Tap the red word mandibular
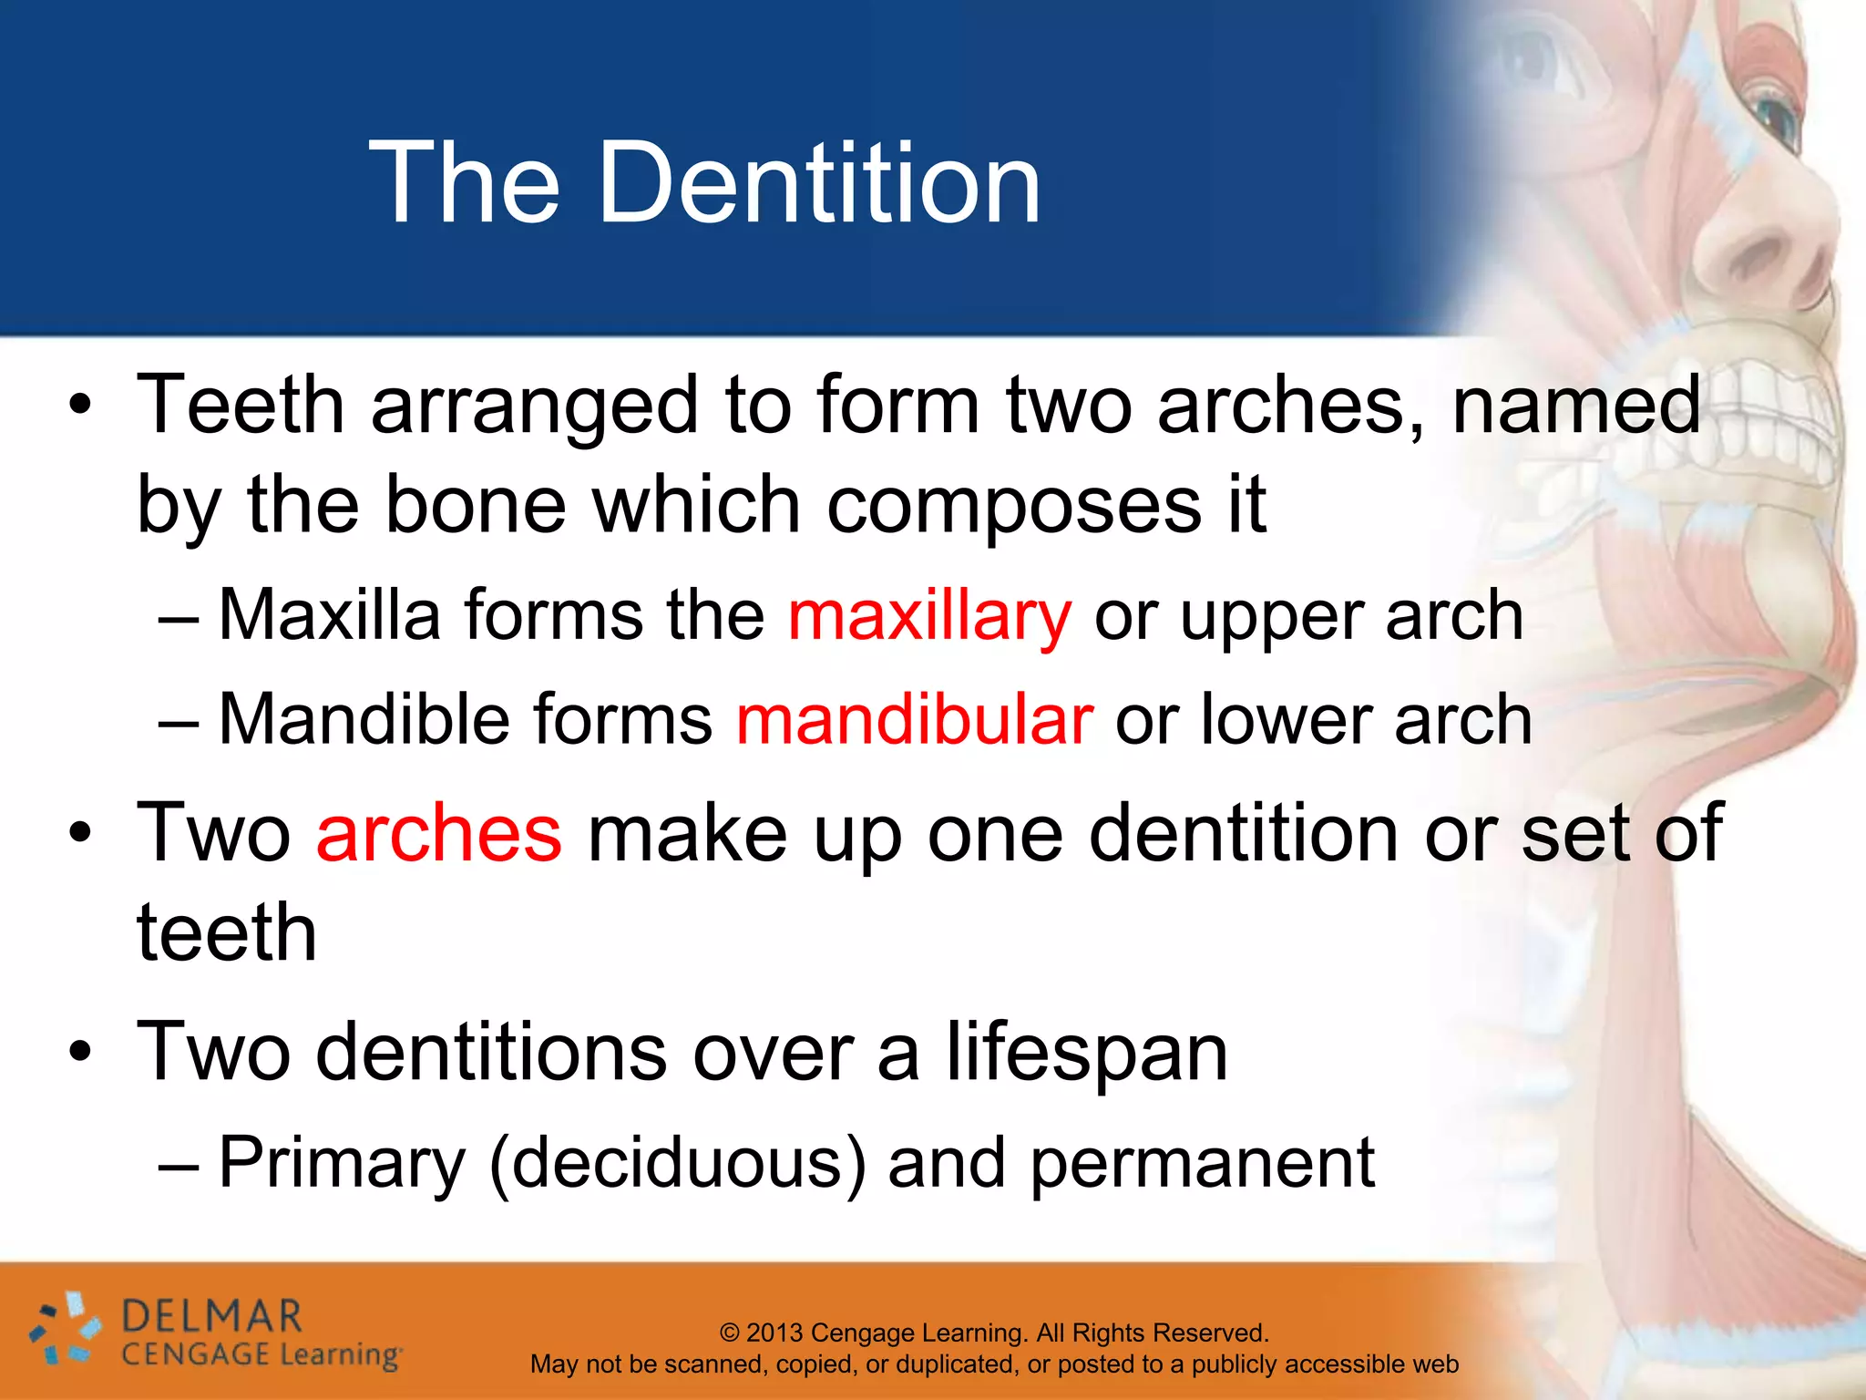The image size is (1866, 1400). pyautogui.click(x=914, y=720)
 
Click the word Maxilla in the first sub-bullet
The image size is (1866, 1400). pyautogui.click(x=329, y=615)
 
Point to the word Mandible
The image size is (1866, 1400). pyautogui.click(x=364, y=720)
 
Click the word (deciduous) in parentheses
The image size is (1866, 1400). pyautogui.click(x=677, y=1163)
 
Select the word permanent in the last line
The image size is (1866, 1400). pyautogui.click(x=1202, y=1163)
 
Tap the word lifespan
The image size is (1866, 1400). pyautogui.click(x=1086, y=1053)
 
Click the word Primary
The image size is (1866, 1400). pyautogui.click(x=342, y=1165)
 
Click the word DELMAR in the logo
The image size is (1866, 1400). pyautogui.click(x=211, y=1316)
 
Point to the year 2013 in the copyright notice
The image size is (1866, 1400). pyautogui.click(x=775, y=1333)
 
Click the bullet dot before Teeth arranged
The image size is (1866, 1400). pyautogui.click(x=80, y=405)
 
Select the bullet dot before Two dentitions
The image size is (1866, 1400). pyautogui.click(x=80, y=1053)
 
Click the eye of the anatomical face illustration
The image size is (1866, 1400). pyautogui.click(x=1777, y=114)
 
